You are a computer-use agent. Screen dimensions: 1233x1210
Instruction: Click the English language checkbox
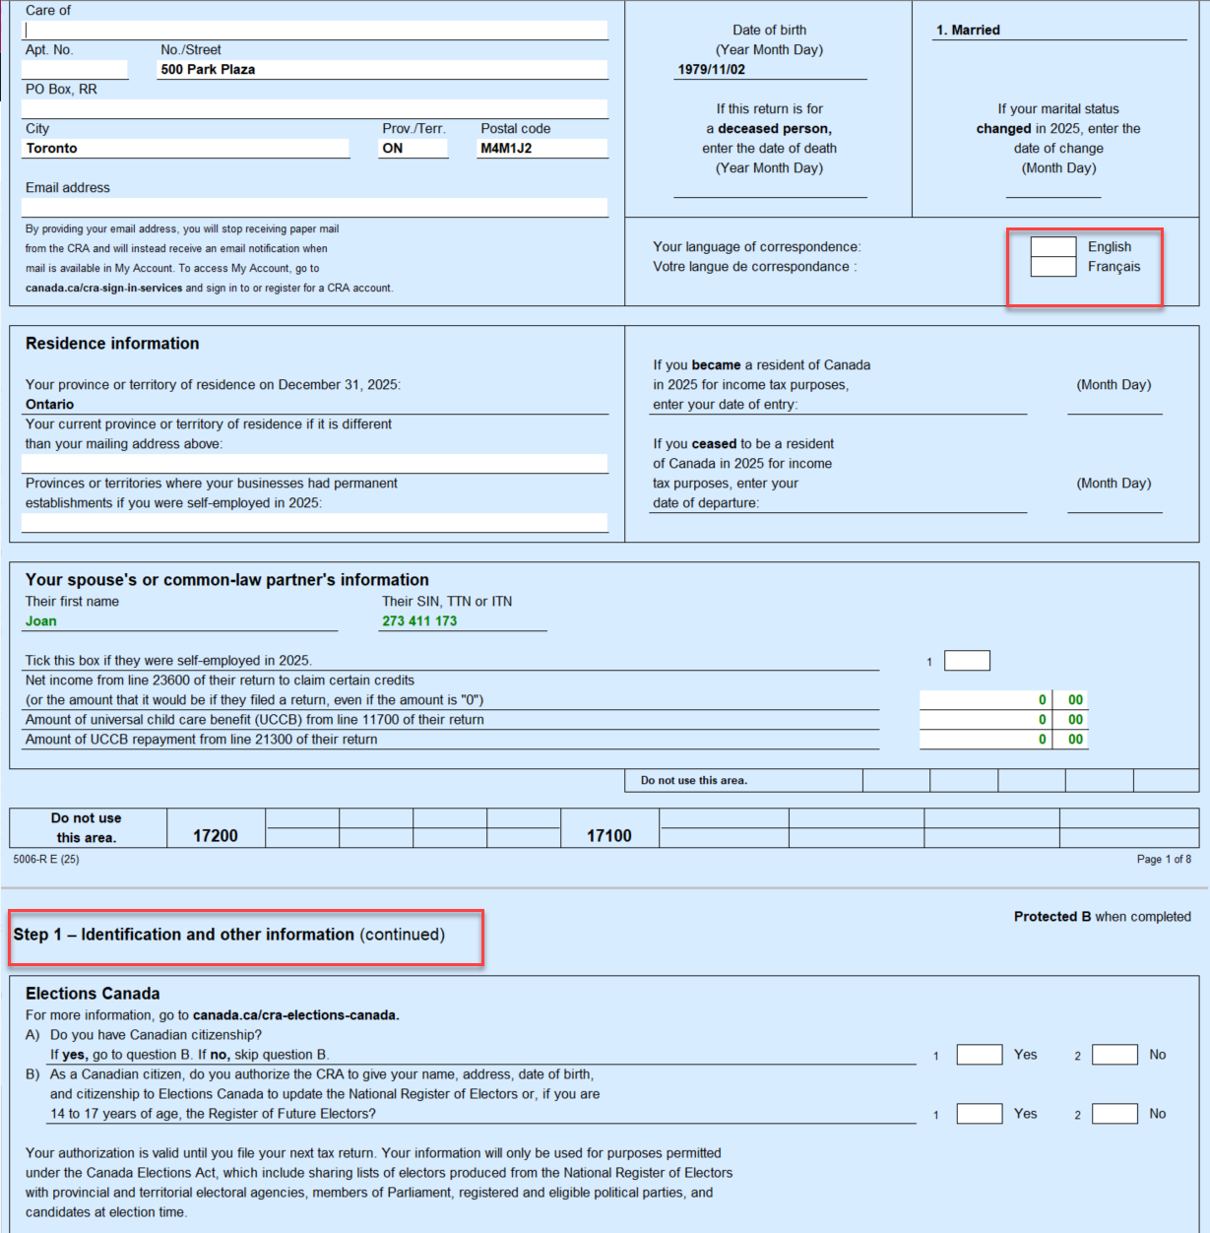click(1052, 247)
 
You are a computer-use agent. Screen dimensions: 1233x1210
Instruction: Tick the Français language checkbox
click(1052, 267)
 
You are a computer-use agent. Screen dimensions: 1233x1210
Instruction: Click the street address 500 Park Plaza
click(208, 70)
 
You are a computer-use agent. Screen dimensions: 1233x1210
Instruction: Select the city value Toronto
click(52, 149)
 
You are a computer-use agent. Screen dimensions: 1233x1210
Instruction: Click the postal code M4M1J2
click(506, 149)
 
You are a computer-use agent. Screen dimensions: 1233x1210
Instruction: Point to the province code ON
click(393, 149)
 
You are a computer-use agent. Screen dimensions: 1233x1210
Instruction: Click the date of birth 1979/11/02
click(711, 70)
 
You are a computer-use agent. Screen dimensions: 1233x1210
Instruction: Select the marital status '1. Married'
click(968, 31)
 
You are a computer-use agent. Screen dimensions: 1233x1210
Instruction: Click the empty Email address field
click(314, 208)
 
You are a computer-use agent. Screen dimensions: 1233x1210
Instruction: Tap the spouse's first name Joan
click(41, 621)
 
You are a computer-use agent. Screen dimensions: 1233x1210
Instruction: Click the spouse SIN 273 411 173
click(419, 621)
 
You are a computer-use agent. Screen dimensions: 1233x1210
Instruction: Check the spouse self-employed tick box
click(967, 661)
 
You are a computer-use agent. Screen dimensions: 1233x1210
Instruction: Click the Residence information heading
click(112, 344)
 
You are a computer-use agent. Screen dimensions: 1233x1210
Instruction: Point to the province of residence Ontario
click(50, 405)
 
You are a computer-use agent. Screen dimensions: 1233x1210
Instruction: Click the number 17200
click(216, 836)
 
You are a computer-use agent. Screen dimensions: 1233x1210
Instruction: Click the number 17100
click(609, 836)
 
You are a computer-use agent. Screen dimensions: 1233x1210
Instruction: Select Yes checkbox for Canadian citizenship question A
click(979, 1055)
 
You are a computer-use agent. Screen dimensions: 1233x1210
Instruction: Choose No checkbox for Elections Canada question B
click(1114, 1114)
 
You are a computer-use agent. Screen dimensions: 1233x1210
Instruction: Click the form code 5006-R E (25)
click(46, 860)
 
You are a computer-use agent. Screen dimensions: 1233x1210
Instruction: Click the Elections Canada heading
click(93, 994)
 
